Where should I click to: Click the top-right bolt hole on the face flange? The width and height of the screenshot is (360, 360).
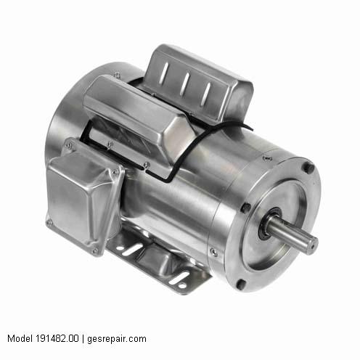(308, 168)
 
